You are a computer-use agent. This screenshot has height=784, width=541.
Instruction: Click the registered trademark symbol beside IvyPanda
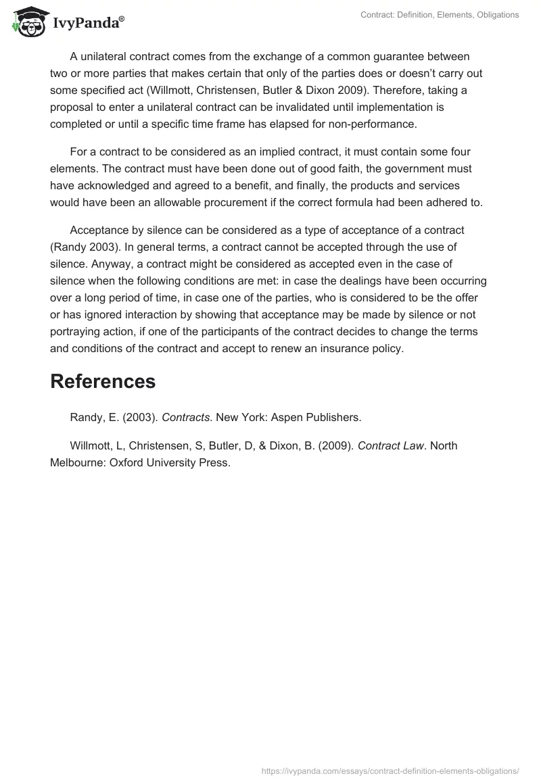click(x=122, y=18)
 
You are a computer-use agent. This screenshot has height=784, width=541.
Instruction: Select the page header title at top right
click(x=440, y=15)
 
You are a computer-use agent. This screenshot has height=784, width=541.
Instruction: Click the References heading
click(x=103, y=381)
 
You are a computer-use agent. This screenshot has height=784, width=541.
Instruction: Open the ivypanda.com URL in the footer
click(x=390, y=770)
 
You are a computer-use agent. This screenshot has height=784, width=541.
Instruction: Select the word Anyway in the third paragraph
click(x=70, y=264)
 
